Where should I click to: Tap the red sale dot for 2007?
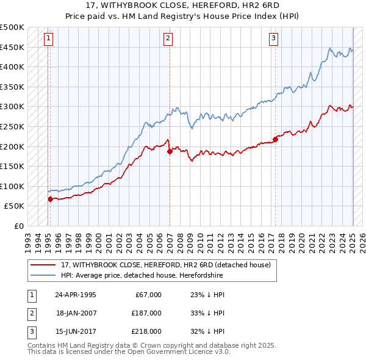click(x=170, y=152)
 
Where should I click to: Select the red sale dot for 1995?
click(x=50, y=199)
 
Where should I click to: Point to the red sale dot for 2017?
click(x=276, y=139)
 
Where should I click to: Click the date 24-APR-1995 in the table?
click(x=76, y=295)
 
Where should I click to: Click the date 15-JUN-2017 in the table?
click(x=76, y=331)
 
